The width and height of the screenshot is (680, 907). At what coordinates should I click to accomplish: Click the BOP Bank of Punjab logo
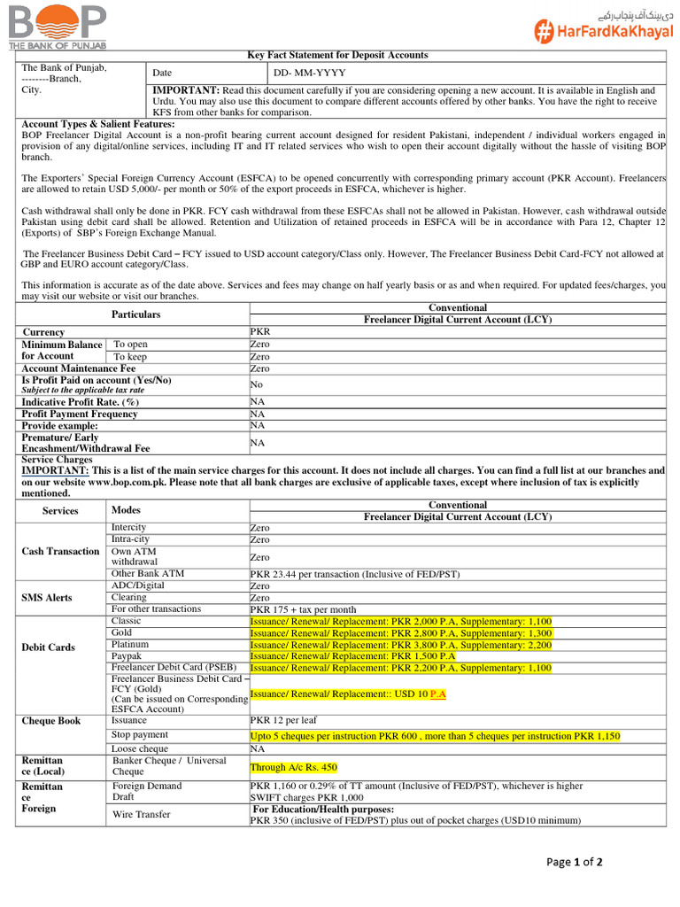click(58, 27)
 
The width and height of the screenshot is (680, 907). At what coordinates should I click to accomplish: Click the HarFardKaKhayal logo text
click(603, 32)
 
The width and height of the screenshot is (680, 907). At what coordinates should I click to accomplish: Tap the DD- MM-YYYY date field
click(310, 73)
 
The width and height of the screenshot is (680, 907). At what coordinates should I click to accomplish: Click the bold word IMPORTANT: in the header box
click(186, 90)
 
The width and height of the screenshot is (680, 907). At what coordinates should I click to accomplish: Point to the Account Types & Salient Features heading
click(98, 124)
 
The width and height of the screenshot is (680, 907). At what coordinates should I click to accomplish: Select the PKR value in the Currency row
click(260, 332)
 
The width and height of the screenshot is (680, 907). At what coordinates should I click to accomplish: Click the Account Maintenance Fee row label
click(78, 368)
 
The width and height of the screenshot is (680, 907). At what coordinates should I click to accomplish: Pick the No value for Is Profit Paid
click(257, 385)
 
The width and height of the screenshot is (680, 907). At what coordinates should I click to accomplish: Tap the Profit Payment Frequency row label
click(80, 414)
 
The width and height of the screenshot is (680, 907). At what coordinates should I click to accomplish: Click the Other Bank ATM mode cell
click(147, 573)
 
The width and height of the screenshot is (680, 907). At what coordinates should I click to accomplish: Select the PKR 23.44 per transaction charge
click(355, 574)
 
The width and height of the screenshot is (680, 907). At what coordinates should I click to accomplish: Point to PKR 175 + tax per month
click(304, 609)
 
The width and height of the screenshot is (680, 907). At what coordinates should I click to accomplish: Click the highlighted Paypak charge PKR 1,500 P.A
click(352, 656)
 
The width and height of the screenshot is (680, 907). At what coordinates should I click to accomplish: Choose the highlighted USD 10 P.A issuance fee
click(348, 694)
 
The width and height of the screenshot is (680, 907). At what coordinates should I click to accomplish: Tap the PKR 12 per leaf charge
click(285, 721)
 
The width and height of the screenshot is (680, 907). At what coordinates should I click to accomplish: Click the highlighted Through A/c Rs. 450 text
click(293, 767)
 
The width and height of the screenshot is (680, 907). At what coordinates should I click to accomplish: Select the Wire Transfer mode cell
click(142, 814)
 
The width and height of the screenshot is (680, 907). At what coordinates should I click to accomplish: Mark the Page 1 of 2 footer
click(574, 864)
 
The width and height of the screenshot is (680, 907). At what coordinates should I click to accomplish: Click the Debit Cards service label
click(48, 647)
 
